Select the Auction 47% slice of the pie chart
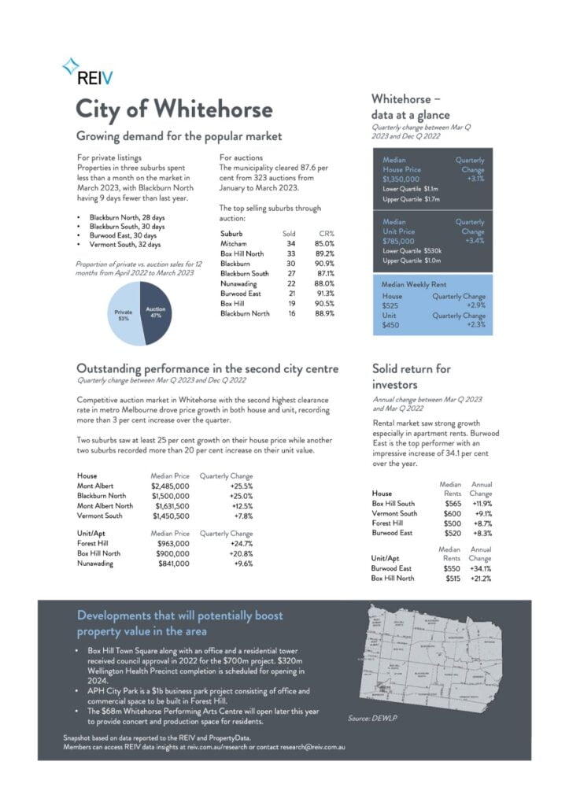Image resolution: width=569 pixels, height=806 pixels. pos(156,312)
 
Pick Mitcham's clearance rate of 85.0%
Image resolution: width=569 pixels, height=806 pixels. pos(323,244)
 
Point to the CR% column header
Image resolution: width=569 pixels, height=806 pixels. pos(326,234)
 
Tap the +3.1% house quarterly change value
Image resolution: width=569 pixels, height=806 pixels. pos(475,179)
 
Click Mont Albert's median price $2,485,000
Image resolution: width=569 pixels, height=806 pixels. pos(170,486)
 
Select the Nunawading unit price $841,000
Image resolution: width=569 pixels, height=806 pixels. pos(174,564)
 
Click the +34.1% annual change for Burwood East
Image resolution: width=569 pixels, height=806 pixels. pos(481,568)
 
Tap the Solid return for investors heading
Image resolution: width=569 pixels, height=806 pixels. pos(411,376)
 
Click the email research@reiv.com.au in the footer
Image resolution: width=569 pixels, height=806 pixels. pos(312,747)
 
